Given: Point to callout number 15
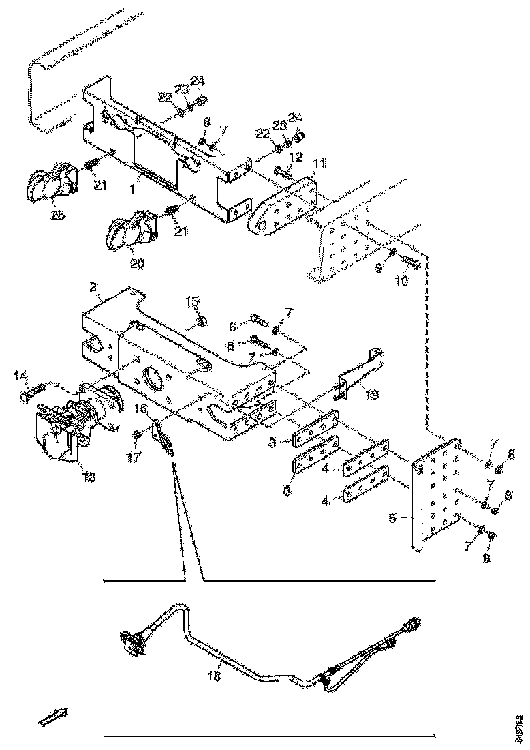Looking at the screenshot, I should point(193,301).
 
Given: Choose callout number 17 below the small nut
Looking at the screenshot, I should point(134,458).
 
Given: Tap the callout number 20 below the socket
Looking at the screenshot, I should point(137,265).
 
